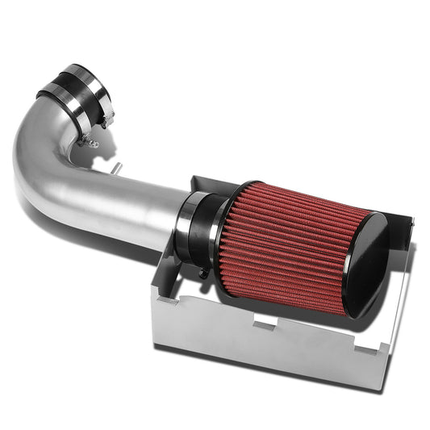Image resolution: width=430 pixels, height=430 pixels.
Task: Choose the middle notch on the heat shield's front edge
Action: (264, 324)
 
